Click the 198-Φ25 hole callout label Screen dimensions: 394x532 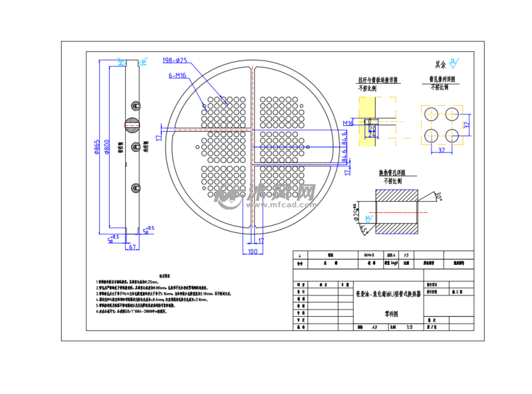(x=175, y=60)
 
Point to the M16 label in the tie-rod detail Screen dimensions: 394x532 (x=348, y=123)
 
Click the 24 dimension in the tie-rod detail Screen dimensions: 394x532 (x=372, y=129)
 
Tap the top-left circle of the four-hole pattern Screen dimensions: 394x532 (x=430, y=115)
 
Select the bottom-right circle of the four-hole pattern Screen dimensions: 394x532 (x=449, y=135)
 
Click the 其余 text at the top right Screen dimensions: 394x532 (x=441, y=64)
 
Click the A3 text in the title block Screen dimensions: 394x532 (x=376, y=327)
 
